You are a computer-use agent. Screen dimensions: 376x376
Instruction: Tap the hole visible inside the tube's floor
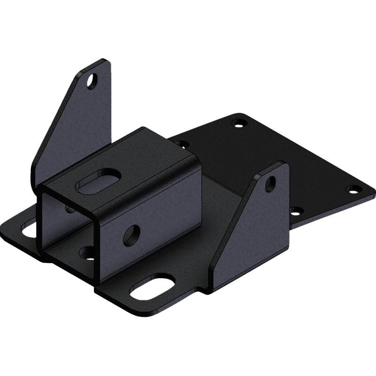pyautogui.click(x=86, y=253)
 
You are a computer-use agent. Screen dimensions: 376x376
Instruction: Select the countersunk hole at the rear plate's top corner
pyautogui.click(x=239, y=123)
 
